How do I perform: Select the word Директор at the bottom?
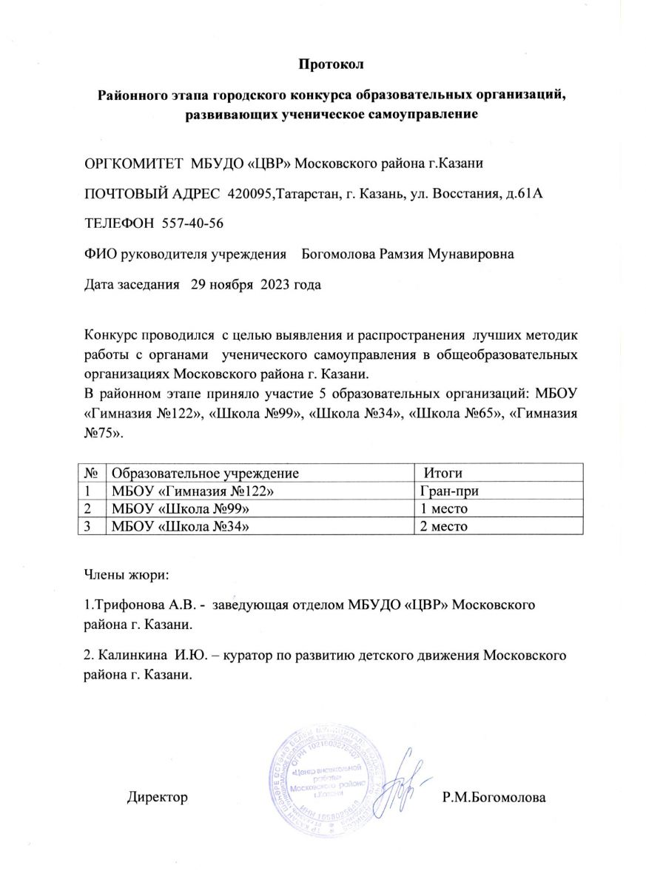157,798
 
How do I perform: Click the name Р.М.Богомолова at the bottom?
494,798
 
